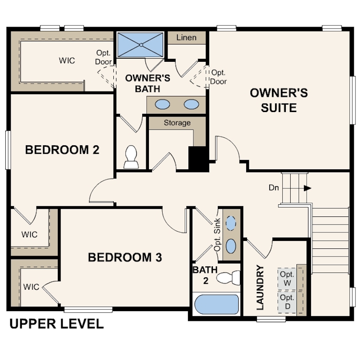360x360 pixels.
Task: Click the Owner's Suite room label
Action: (279, 100)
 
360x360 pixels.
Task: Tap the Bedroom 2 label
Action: (62, 150)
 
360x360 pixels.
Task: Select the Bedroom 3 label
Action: (125, 257)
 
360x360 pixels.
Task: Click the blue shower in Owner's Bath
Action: (140, 45)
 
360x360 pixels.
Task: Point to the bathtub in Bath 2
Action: (216, 304)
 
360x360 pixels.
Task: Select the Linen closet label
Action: (186, 37)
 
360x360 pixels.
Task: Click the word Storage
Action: (177, 123)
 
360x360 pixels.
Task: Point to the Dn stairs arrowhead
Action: (308, 188)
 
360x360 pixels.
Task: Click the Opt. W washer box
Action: (287, 279)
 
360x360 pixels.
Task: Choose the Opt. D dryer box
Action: (287, 302)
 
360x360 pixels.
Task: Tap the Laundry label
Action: (260, 288)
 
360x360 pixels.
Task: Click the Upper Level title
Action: (57, 324)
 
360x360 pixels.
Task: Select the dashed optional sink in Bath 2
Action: (231, 223)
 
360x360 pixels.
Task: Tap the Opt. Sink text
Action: (217, 235)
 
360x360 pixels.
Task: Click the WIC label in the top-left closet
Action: (67, 60)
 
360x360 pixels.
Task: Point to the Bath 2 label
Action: (205, 275)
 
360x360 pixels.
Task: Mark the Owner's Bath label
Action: (148, 84)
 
